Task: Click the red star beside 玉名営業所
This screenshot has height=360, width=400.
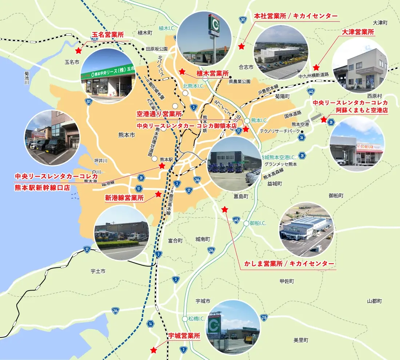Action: pos(78,51)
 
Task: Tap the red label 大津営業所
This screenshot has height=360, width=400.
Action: pos(358,32)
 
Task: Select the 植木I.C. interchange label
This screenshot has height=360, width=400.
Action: pos(167,28)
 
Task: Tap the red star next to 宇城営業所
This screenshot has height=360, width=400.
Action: pos(154,350)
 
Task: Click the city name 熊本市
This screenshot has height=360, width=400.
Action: pos(127,135)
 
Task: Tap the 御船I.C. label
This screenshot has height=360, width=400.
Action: pos(258,223)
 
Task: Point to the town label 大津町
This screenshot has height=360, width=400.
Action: pos(380,23)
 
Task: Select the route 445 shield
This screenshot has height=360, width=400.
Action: pos(236,220)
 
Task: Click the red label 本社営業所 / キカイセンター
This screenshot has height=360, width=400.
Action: pos(296,16)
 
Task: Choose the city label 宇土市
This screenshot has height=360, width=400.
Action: pos(98,271)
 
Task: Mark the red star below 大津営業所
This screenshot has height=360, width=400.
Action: pos(316,67)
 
